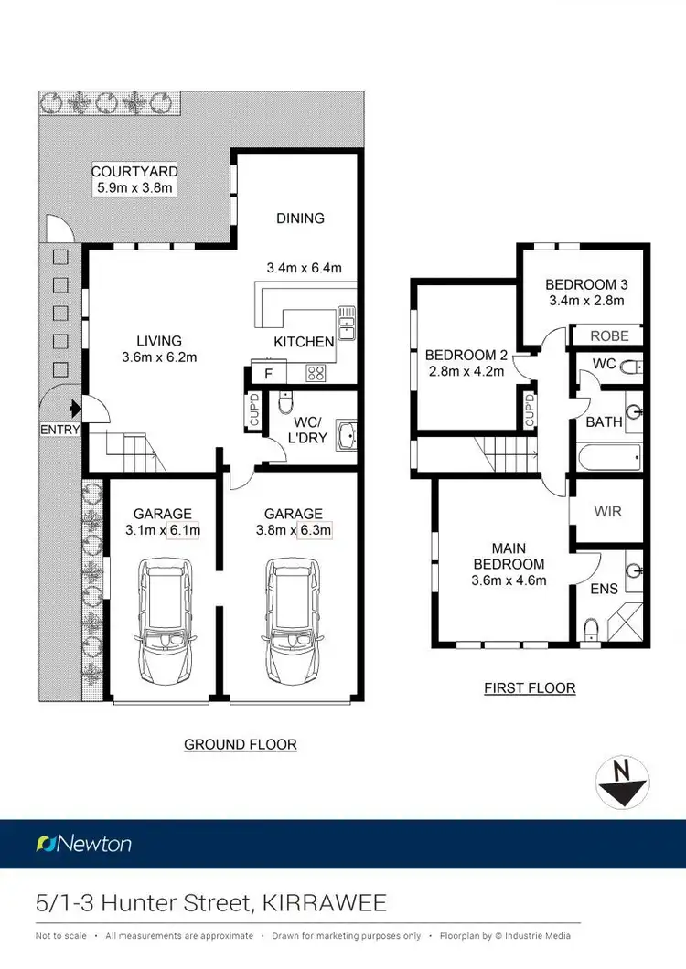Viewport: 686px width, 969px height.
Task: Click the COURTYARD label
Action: coord(134,171)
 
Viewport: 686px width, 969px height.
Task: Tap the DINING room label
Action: coord(301,218)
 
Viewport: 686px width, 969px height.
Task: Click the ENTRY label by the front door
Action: coord(60,429)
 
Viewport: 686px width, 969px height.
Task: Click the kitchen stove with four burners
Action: coord(316,372)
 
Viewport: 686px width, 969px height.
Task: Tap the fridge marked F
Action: coord(267,373)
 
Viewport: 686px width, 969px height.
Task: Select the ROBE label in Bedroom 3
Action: coord(609,335)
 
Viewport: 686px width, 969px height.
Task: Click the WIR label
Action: coord(608,511)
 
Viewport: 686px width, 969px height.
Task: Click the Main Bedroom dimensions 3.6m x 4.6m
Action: coord(508,580)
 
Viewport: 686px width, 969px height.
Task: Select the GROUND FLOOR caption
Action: coord(241,744)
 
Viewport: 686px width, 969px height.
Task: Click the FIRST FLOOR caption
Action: coord(530,687)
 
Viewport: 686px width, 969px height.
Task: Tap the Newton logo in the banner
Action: coord(84,843)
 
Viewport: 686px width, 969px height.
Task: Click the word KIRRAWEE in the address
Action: coord(322,904)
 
